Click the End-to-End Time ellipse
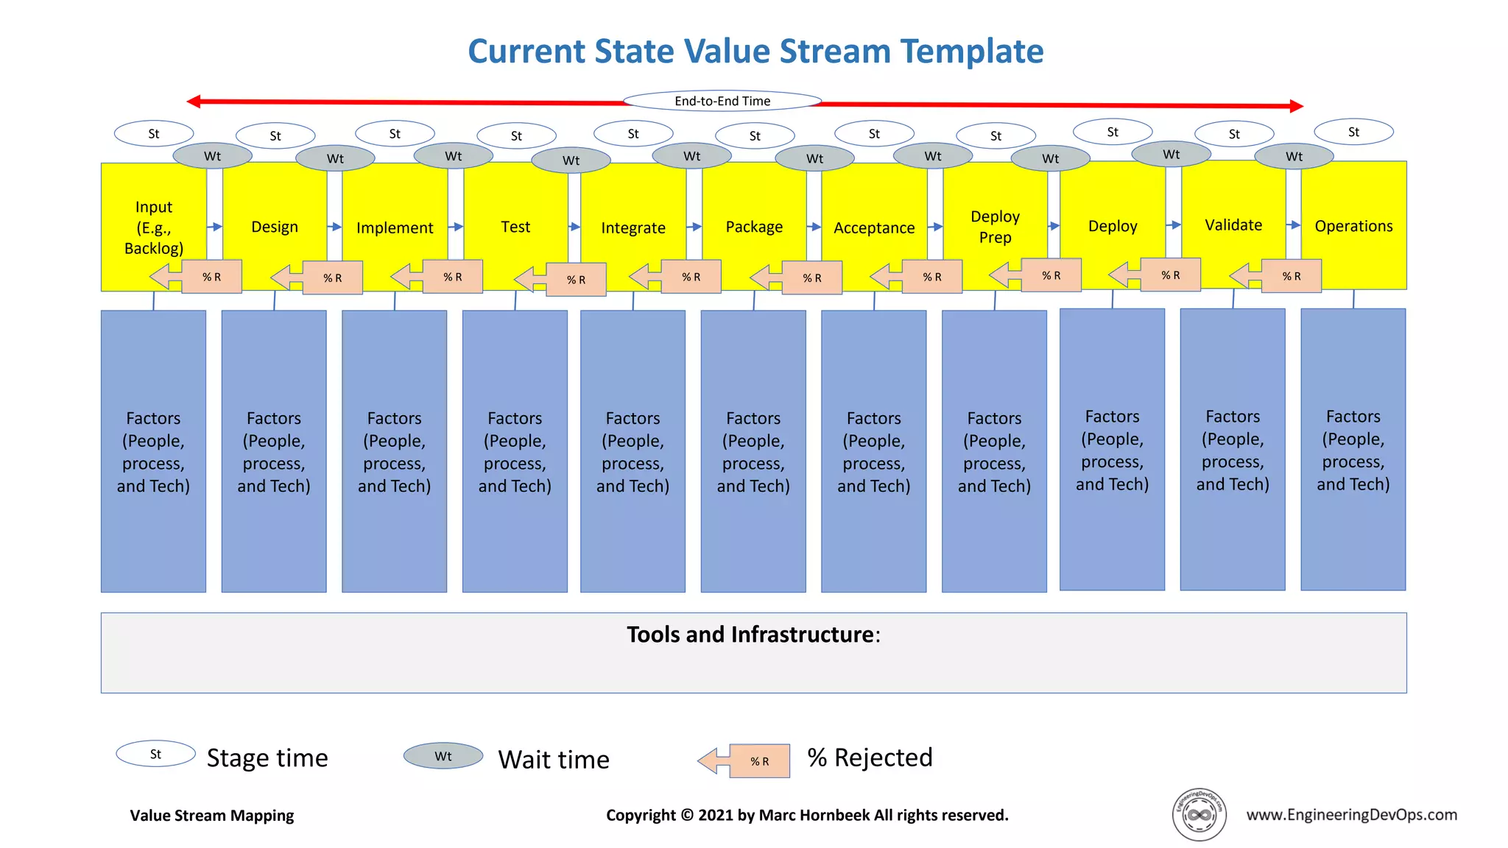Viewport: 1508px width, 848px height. point(722,101)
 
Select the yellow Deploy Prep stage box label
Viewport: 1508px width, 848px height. point(995,227)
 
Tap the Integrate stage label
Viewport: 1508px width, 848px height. point(633,228)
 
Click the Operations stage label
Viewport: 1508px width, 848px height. point(1353,226)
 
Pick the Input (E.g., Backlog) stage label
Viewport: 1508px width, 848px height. point(154,227)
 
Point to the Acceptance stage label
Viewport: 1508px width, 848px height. point(874,228)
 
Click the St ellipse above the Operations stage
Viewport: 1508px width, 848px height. point(1353,132)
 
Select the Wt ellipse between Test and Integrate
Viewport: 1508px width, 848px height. point(571,160)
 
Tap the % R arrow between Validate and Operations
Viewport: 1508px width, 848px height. point(1281,276)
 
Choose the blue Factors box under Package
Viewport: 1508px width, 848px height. point(753,451)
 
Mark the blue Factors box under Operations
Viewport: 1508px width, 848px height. point(1353,450)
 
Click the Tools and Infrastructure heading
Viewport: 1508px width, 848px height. point(753,635)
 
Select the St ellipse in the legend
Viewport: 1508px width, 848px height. point(155,754)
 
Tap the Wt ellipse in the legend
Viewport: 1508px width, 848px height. point(443,756)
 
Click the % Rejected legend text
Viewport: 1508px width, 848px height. point(870,757)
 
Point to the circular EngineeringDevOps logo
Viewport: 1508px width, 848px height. point(1199,814)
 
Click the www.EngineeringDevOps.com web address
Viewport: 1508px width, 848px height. point(1351,814)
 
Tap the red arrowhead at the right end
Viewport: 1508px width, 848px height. point(1297,106)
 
